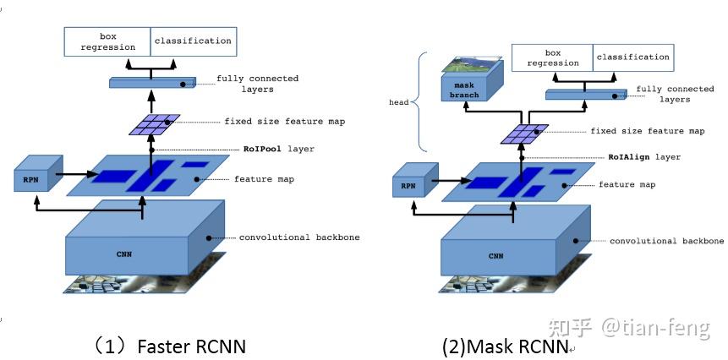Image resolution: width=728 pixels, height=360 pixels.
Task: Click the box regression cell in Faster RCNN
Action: point(107,41)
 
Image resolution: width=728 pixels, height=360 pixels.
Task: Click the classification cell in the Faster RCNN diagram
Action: point(192,41)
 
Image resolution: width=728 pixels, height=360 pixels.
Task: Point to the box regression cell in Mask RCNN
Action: point(552,57)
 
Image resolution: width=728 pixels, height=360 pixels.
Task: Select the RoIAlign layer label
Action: point(644,157)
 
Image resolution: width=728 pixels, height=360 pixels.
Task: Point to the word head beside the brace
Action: point(398,103)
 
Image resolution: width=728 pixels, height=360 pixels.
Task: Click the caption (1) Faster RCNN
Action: point(170,346)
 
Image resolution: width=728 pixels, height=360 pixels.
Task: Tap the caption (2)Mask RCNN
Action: point(505,346)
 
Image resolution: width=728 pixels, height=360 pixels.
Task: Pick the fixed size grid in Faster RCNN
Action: point(155,124)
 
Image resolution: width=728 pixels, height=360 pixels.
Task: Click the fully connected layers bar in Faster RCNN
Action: point(151,82)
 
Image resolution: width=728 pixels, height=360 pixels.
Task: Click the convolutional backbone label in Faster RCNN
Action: point(299,237)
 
